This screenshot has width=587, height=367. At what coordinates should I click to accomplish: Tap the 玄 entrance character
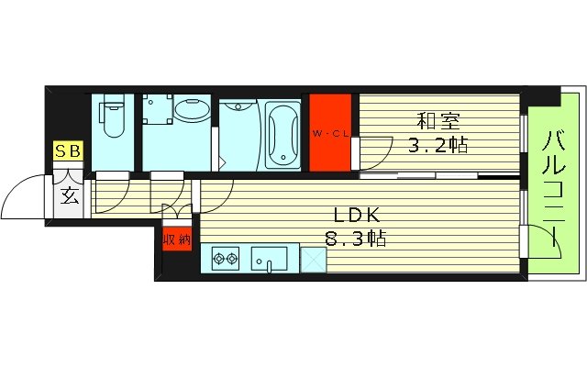coord(70,195)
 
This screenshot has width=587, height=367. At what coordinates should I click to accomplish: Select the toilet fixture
coord(113,118)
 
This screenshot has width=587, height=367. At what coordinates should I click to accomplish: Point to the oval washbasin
coord(191,113)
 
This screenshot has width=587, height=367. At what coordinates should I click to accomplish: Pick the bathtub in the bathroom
coord(282,135)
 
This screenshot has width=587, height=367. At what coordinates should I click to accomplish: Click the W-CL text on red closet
coord(330,135)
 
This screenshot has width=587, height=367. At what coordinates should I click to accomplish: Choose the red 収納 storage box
coord(177,239)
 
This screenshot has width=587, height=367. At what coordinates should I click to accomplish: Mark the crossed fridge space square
coord(313,259)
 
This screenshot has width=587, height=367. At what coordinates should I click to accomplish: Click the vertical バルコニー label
coord(554,188)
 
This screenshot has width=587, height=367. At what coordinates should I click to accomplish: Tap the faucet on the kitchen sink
coord(270,267)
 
